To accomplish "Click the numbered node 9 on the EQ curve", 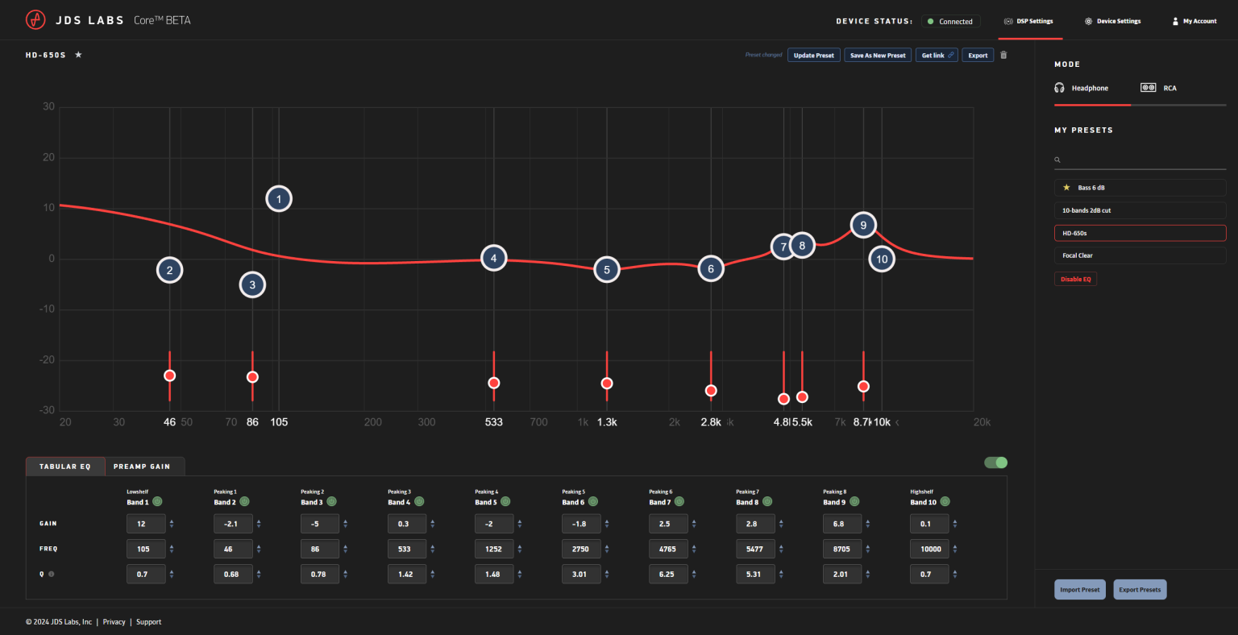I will (863, 226).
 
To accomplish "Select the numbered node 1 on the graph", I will (279, 199).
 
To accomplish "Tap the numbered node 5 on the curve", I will (607, 270).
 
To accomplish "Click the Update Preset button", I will (813, 56).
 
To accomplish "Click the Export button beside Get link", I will (978, 56).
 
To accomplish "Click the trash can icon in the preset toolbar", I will (1003, 56).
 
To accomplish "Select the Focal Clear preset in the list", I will (1140, 255).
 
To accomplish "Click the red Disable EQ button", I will (1075, 279).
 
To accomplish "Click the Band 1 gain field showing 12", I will (146, 524).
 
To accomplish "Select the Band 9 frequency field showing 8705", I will (842, 549).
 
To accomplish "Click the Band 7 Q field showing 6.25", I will (668, 574).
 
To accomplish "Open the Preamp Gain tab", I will (142, 467).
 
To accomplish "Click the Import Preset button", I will (1079, 589).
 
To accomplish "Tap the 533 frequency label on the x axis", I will (493, 422).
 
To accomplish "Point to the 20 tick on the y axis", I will (49, 157).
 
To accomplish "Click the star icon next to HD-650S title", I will (78, 55).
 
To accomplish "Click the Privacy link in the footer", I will (114, 622).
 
